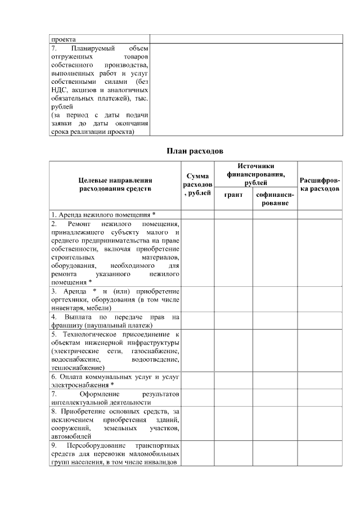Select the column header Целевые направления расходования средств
[115, 184]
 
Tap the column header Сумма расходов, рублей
[197, 185]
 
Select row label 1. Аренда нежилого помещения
[103, 214]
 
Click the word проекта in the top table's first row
[64, 39]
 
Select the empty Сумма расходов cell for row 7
[197, 398]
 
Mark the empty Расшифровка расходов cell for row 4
[319, 321]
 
